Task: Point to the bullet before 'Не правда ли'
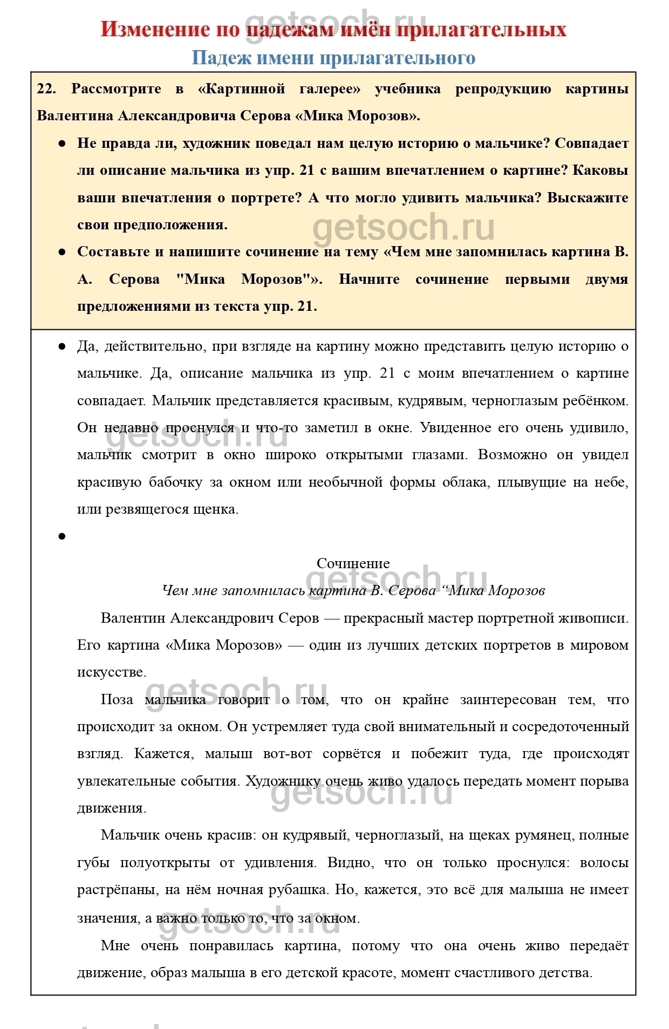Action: tap(62, 144)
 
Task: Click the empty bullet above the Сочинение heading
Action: tap(62, 536)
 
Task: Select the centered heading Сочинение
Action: tap(353, 563)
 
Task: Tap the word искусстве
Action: tap(111, 672)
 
